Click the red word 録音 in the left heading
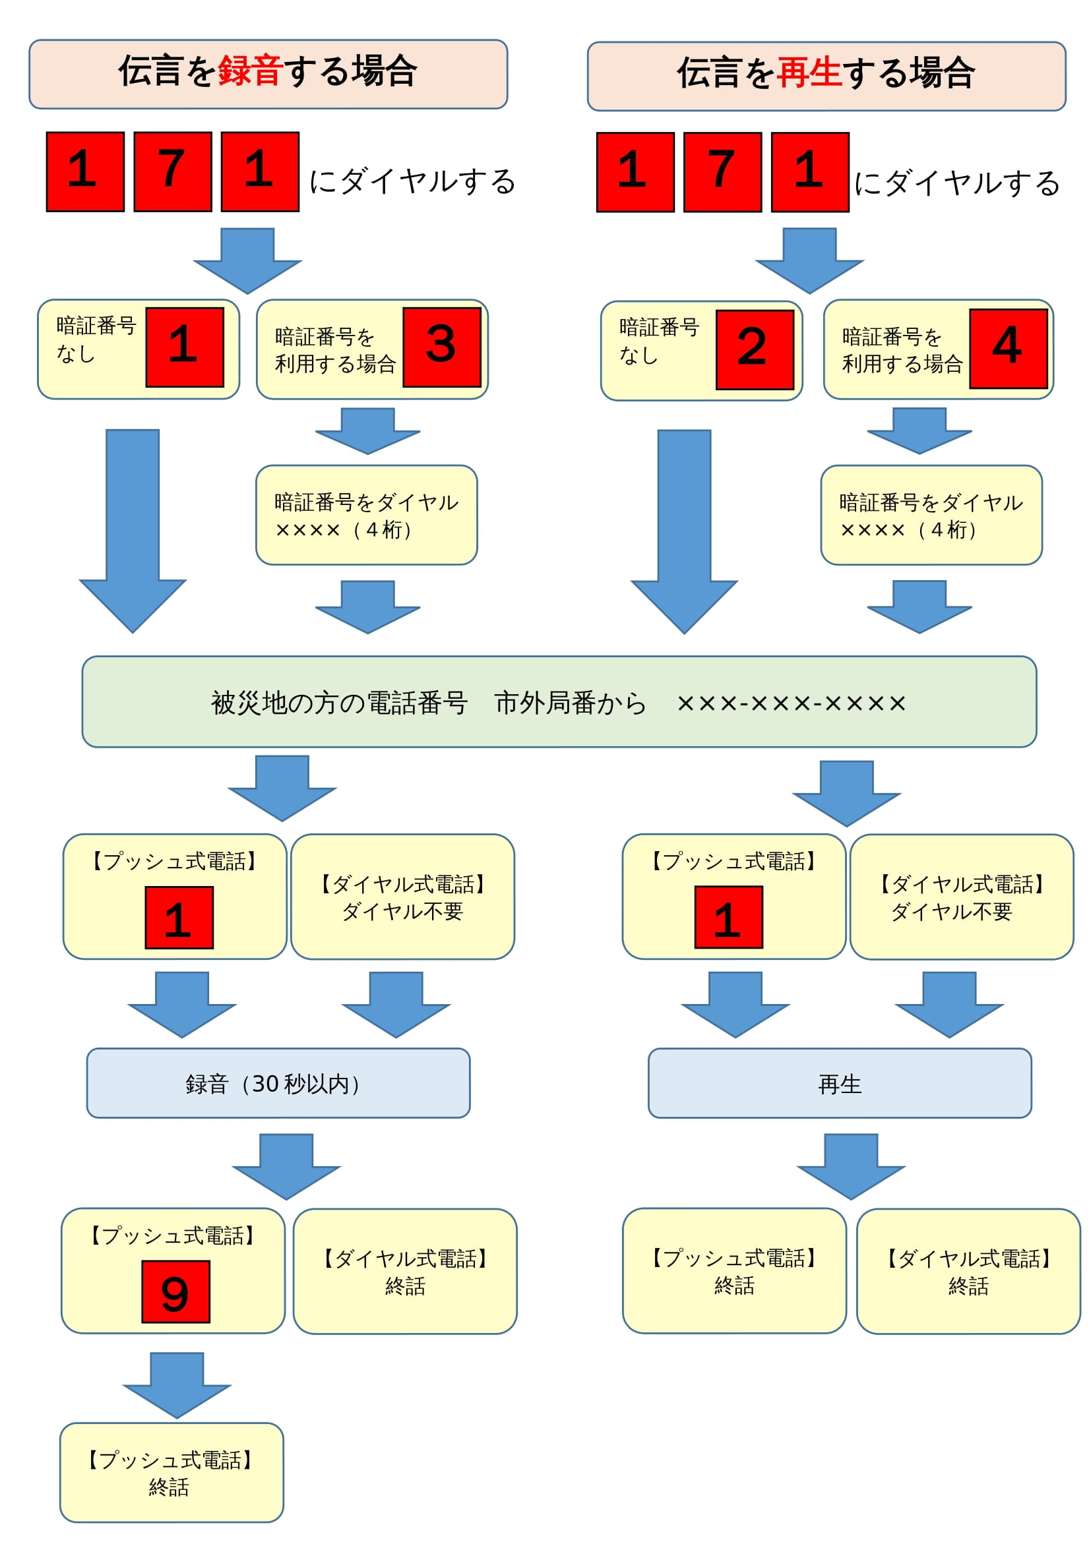point(249,71)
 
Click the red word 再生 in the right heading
point(808,73)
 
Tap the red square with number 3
point(441,347)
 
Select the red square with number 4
point(1008,348)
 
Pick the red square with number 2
point(755,349)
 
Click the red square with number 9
point(175,1291)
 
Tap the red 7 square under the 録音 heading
point(173,171)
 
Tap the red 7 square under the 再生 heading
point(722,172)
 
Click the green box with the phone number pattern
point(559,701)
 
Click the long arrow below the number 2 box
point(684,531)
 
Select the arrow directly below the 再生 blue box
point(850,1166)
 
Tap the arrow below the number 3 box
point(367,430)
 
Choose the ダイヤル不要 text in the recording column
point(402,910)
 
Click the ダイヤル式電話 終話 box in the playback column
point(968,1270)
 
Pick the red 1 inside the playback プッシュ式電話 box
point(728,917)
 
